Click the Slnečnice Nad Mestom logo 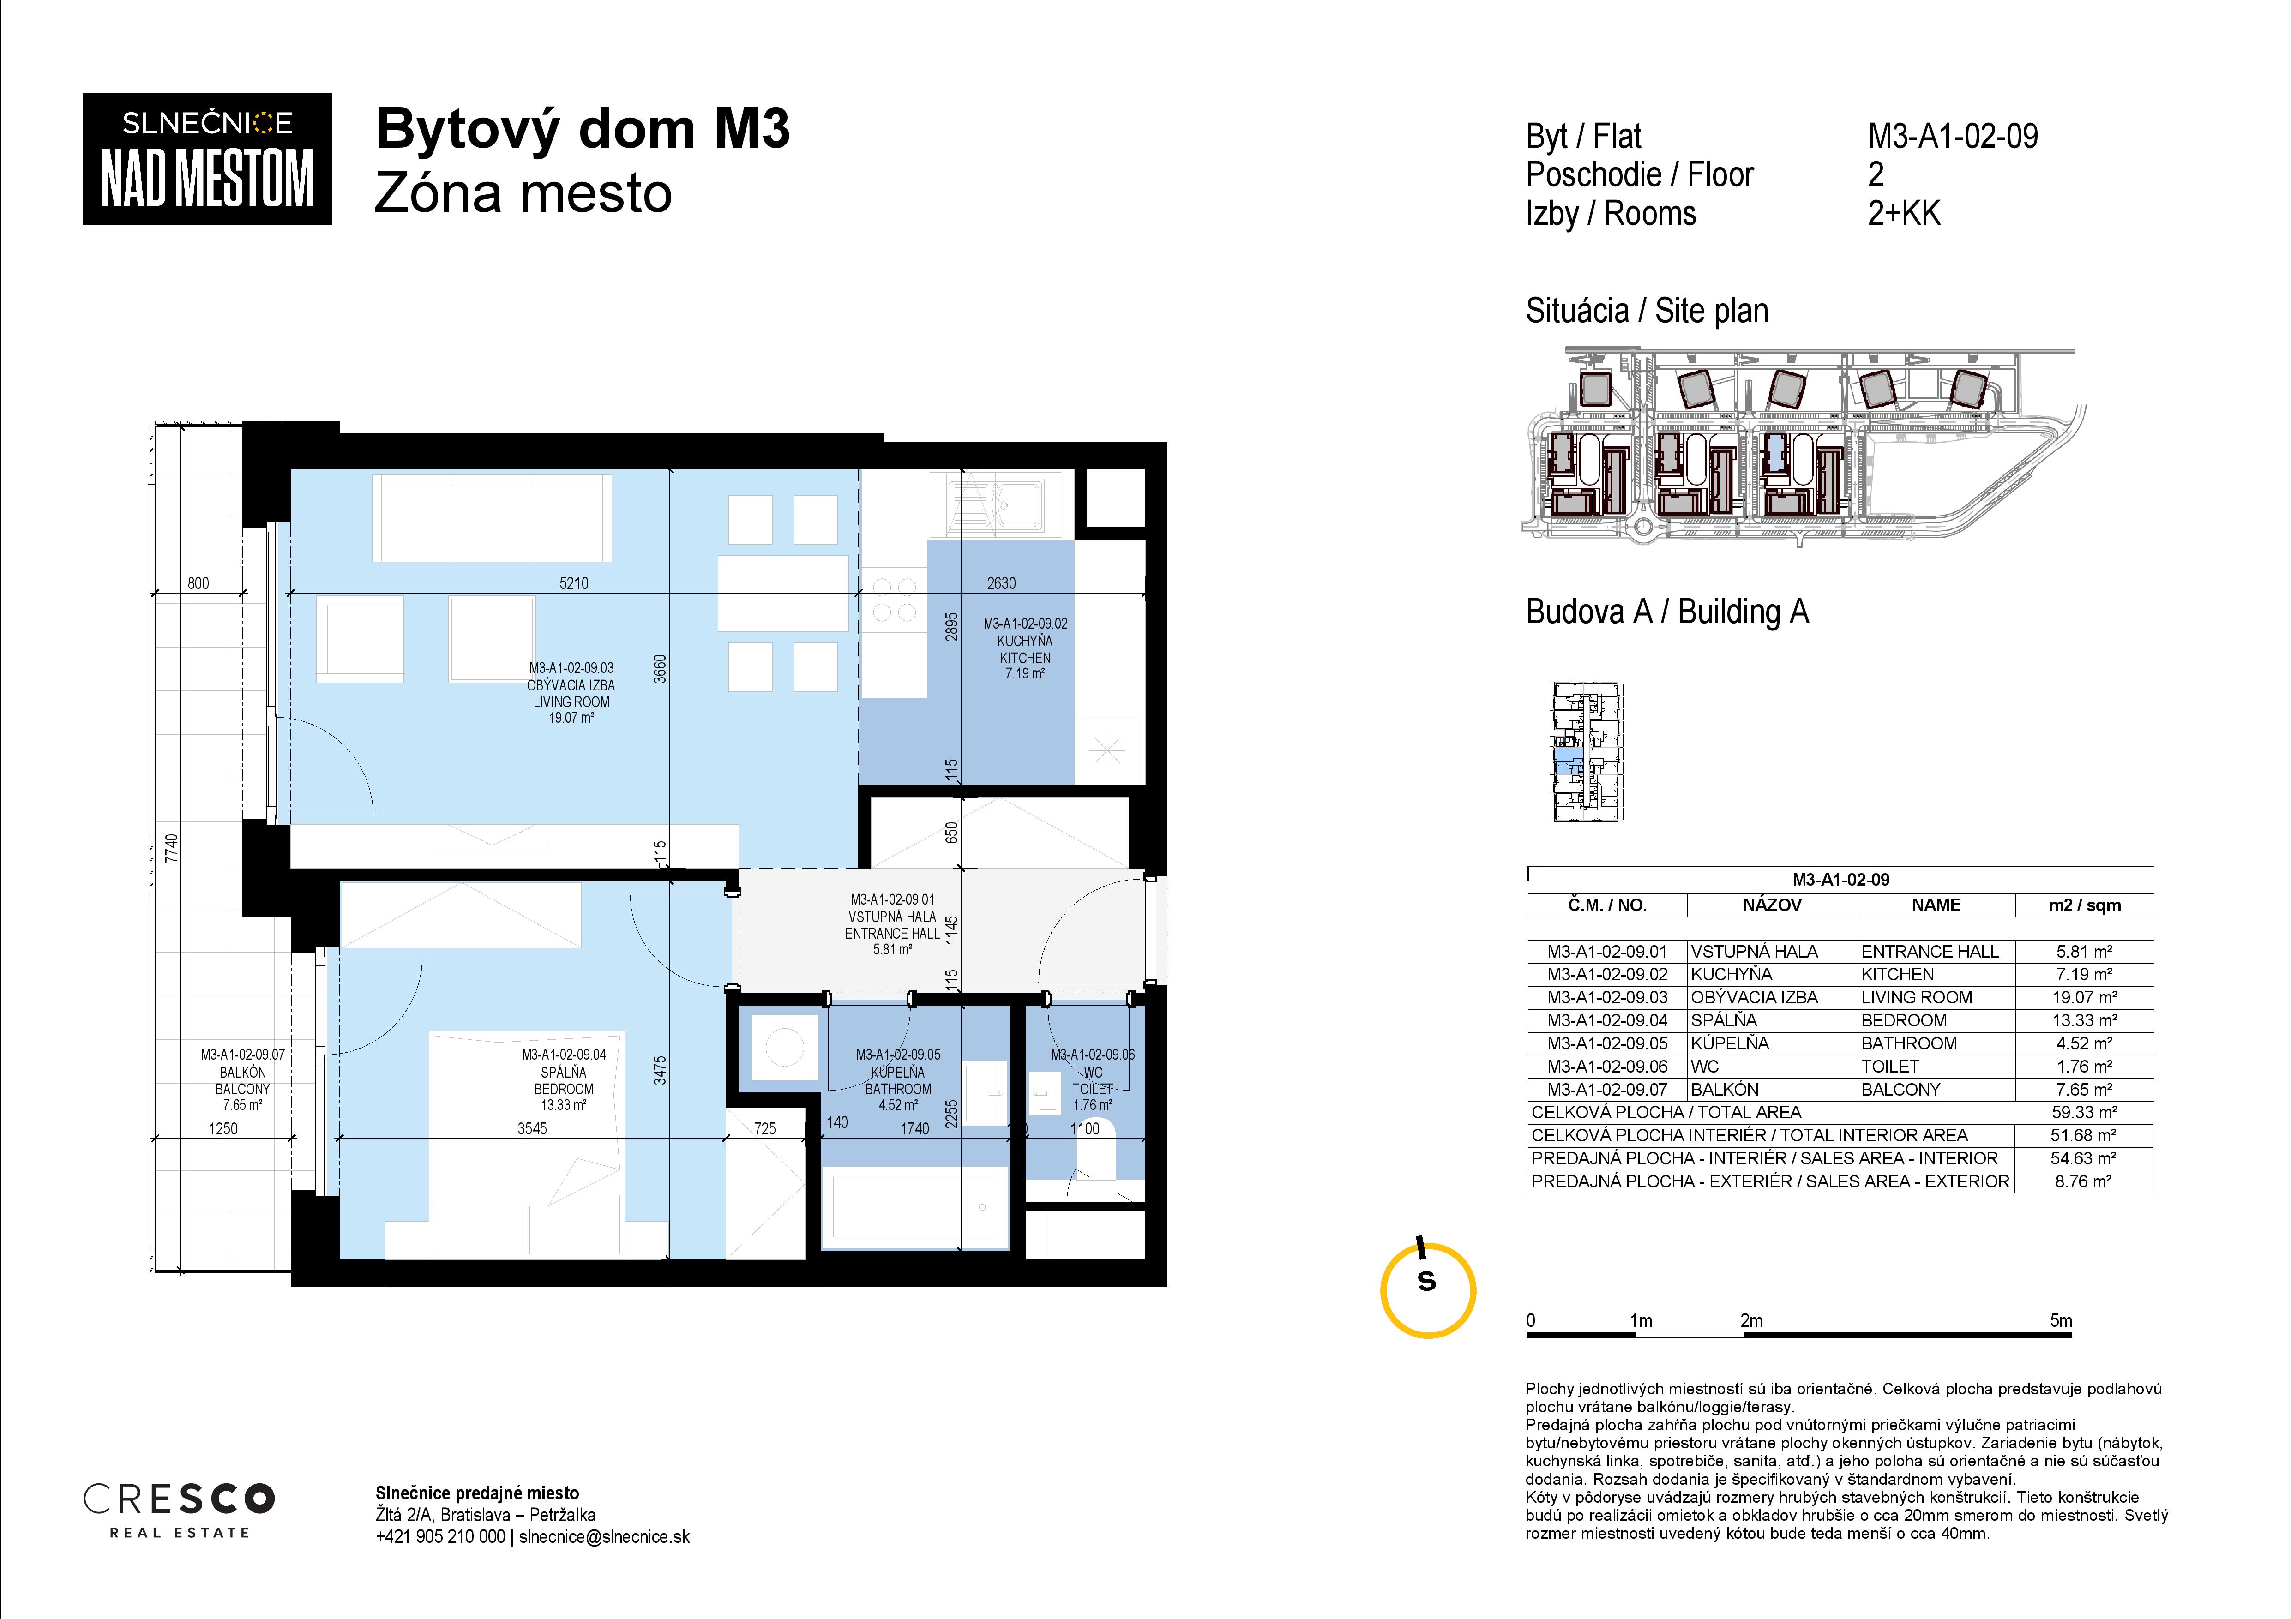tap(206, 159)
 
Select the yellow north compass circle tap(1428, 1290)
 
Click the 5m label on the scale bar tap(2061, 1321)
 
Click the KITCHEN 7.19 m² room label tap(1025, 648)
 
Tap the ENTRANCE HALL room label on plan tap(892, 925)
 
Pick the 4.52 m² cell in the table tap(2085, 1043)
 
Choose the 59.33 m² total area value tap(2085, 1112)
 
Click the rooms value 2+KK tap(1904, 214)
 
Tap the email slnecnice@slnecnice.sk tap(605, 1537)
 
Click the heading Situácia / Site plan tap(1647, 311)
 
